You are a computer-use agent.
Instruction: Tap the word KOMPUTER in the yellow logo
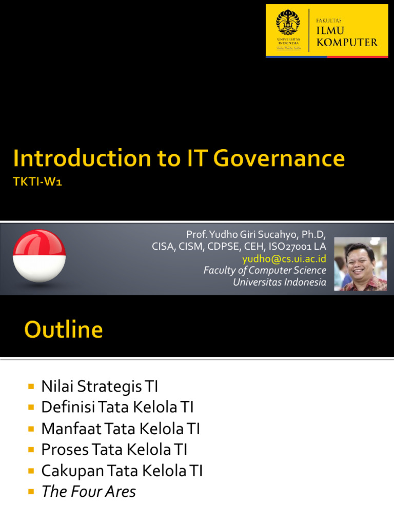[x=347, y=42]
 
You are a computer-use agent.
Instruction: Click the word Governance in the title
[x=279, y=158]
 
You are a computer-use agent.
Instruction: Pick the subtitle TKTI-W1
[x=38, y=183]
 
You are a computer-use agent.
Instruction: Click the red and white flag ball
[x=40, y=256]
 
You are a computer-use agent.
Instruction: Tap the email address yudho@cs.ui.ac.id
[x=284, y=258]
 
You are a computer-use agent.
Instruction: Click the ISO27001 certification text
[x=297, y=246]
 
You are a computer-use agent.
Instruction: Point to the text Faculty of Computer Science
[x=265, y=270]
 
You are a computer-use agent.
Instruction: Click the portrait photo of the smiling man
[x=361, y=264]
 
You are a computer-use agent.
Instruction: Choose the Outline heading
[x=64, y=330]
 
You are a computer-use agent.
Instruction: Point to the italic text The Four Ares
[x=88, y=491]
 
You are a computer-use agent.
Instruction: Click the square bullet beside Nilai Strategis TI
[x=31, y=386]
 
